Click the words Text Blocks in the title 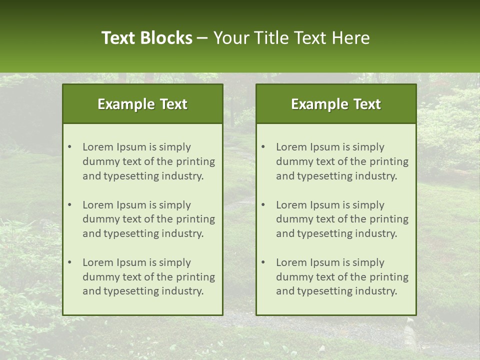click(x=146, y=38)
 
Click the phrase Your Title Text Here click(x=291, y=38)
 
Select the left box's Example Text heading click(x=142, y=104)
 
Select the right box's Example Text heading click(x=336, y=104)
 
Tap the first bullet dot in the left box click(x=69, y=147)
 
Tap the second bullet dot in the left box click(x=69, y=205)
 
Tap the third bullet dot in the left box click(x=69, y=262)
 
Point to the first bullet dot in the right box click(x=263, y=147)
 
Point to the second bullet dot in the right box click(x=263, y=205)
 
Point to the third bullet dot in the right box click(x=263, y=262)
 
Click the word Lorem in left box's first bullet click(x=98, y=147)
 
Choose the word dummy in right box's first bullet click(x=293, y=161)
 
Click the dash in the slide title click(x=202, y=38)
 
